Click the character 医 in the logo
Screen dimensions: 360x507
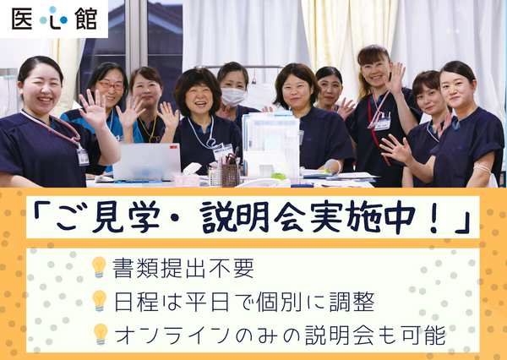click(x=25, y=19)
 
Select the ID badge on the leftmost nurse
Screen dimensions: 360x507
click(x=83, y=156)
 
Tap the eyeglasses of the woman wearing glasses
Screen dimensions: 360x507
click(x=111, y=85)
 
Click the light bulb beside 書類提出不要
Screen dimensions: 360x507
click(x=100, y=268)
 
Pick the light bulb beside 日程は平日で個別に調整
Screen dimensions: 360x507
click(x=100, y=301)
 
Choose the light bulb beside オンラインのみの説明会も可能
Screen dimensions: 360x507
click(x=100, y=334)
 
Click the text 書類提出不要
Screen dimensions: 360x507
click(x=183, y=269)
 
